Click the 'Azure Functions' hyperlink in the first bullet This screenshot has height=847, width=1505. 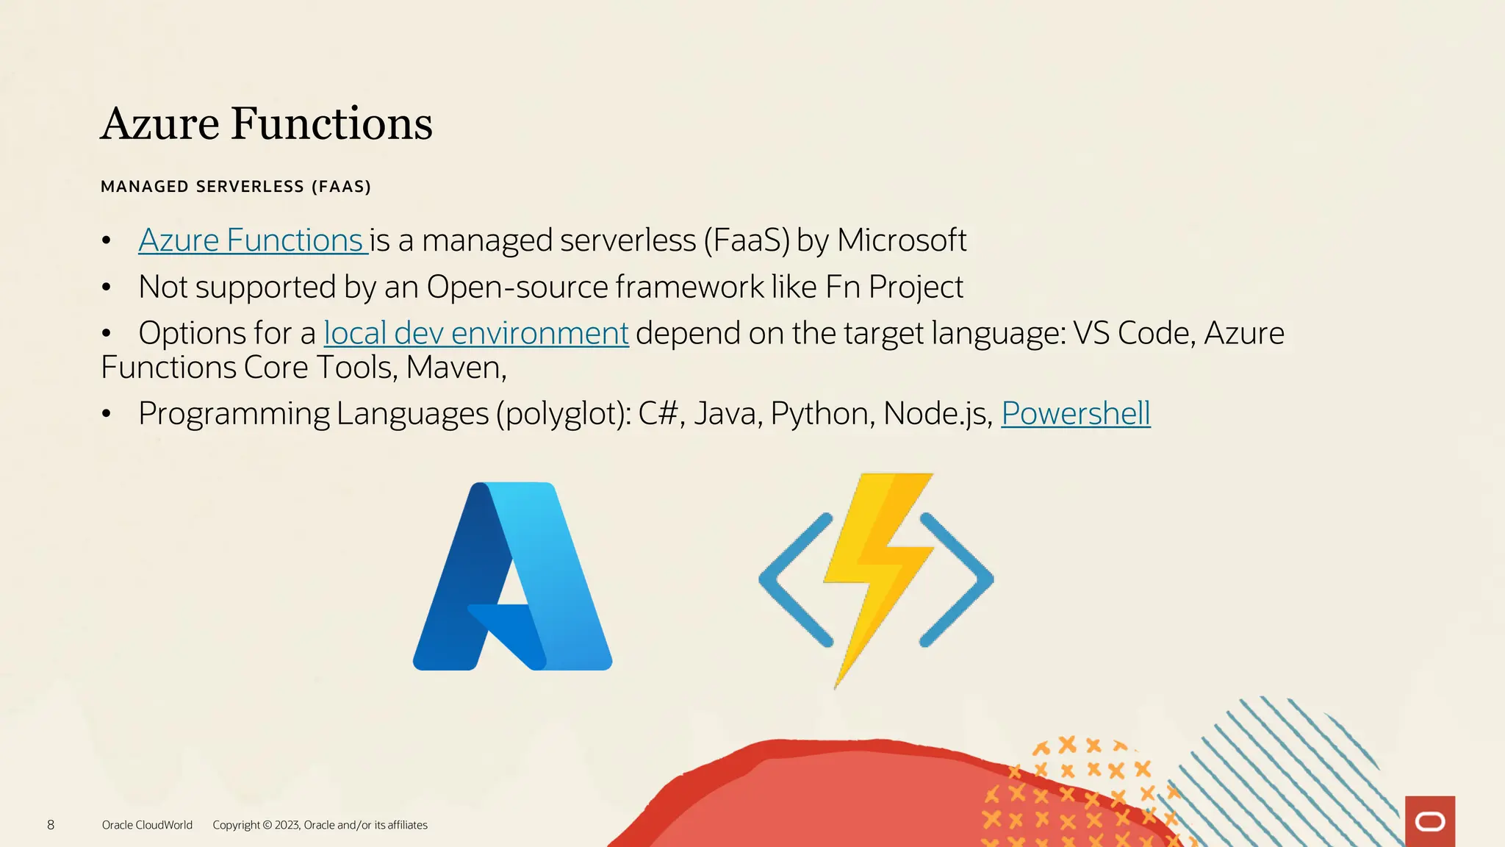(251, 241)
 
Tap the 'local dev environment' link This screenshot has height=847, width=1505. (475, 334)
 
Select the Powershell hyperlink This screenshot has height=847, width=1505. (1075, 414)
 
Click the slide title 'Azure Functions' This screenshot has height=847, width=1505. (266, 124)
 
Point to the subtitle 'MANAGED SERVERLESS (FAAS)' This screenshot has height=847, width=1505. (235, 187)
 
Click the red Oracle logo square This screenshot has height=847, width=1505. (1429, 821)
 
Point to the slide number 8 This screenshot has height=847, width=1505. (51, 825)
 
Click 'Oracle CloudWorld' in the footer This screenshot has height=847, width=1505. (147, 825)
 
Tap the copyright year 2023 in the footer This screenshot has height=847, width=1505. (286, 825)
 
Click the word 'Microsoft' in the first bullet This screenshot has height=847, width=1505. (901, 241)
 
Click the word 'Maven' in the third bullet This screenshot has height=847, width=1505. (453, 368)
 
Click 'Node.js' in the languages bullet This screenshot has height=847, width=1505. (935, 414)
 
